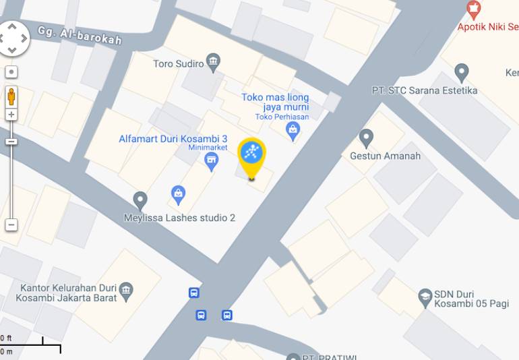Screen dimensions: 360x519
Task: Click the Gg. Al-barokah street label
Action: (80, 35)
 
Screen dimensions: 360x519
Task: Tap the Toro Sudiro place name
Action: (178, 64)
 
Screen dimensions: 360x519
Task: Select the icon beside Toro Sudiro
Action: (214, 63)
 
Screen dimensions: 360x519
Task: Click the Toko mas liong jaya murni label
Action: (275, 102)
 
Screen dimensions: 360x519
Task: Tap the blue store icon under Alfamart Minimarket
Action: (212, 160)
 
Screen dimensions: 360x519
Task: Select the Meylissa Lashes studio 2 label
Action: (179, 218)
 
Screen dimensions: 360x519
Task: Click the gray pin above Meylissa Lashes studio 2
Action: (140, 200)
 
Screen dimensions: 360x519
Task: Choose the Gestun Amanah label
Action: (385, 156)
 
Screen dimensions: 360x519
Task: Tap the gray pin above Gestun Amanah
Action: (366, 138)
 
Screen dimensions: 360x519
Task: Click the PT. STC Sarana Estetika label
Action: (424, 90)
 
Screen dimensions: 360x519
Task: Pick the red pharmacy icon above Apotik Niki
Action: (474, 9)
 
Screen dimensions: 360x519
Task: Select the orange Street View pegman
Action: (11, 96)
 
